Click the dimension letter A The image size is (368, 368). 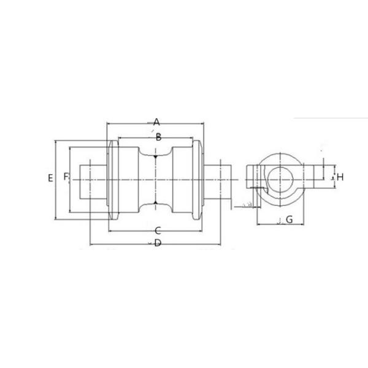(x=156, y=121)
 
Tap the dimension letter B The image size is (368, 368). (x=158, y=137)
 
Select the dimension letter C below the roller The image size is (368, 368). (x=158, y=231)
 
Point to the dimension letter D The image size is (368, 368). (x=158, y=243)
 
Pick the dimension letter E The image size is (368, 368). (x=50, y=178)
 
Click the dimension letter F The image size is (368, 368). (x=66, y=178)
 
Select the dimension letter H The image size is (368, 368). (x=340, y=177)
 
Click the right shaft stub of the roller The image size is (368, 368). (x=221, y=178)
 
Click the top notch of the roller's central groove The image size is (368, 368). (x=156, y=156)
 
